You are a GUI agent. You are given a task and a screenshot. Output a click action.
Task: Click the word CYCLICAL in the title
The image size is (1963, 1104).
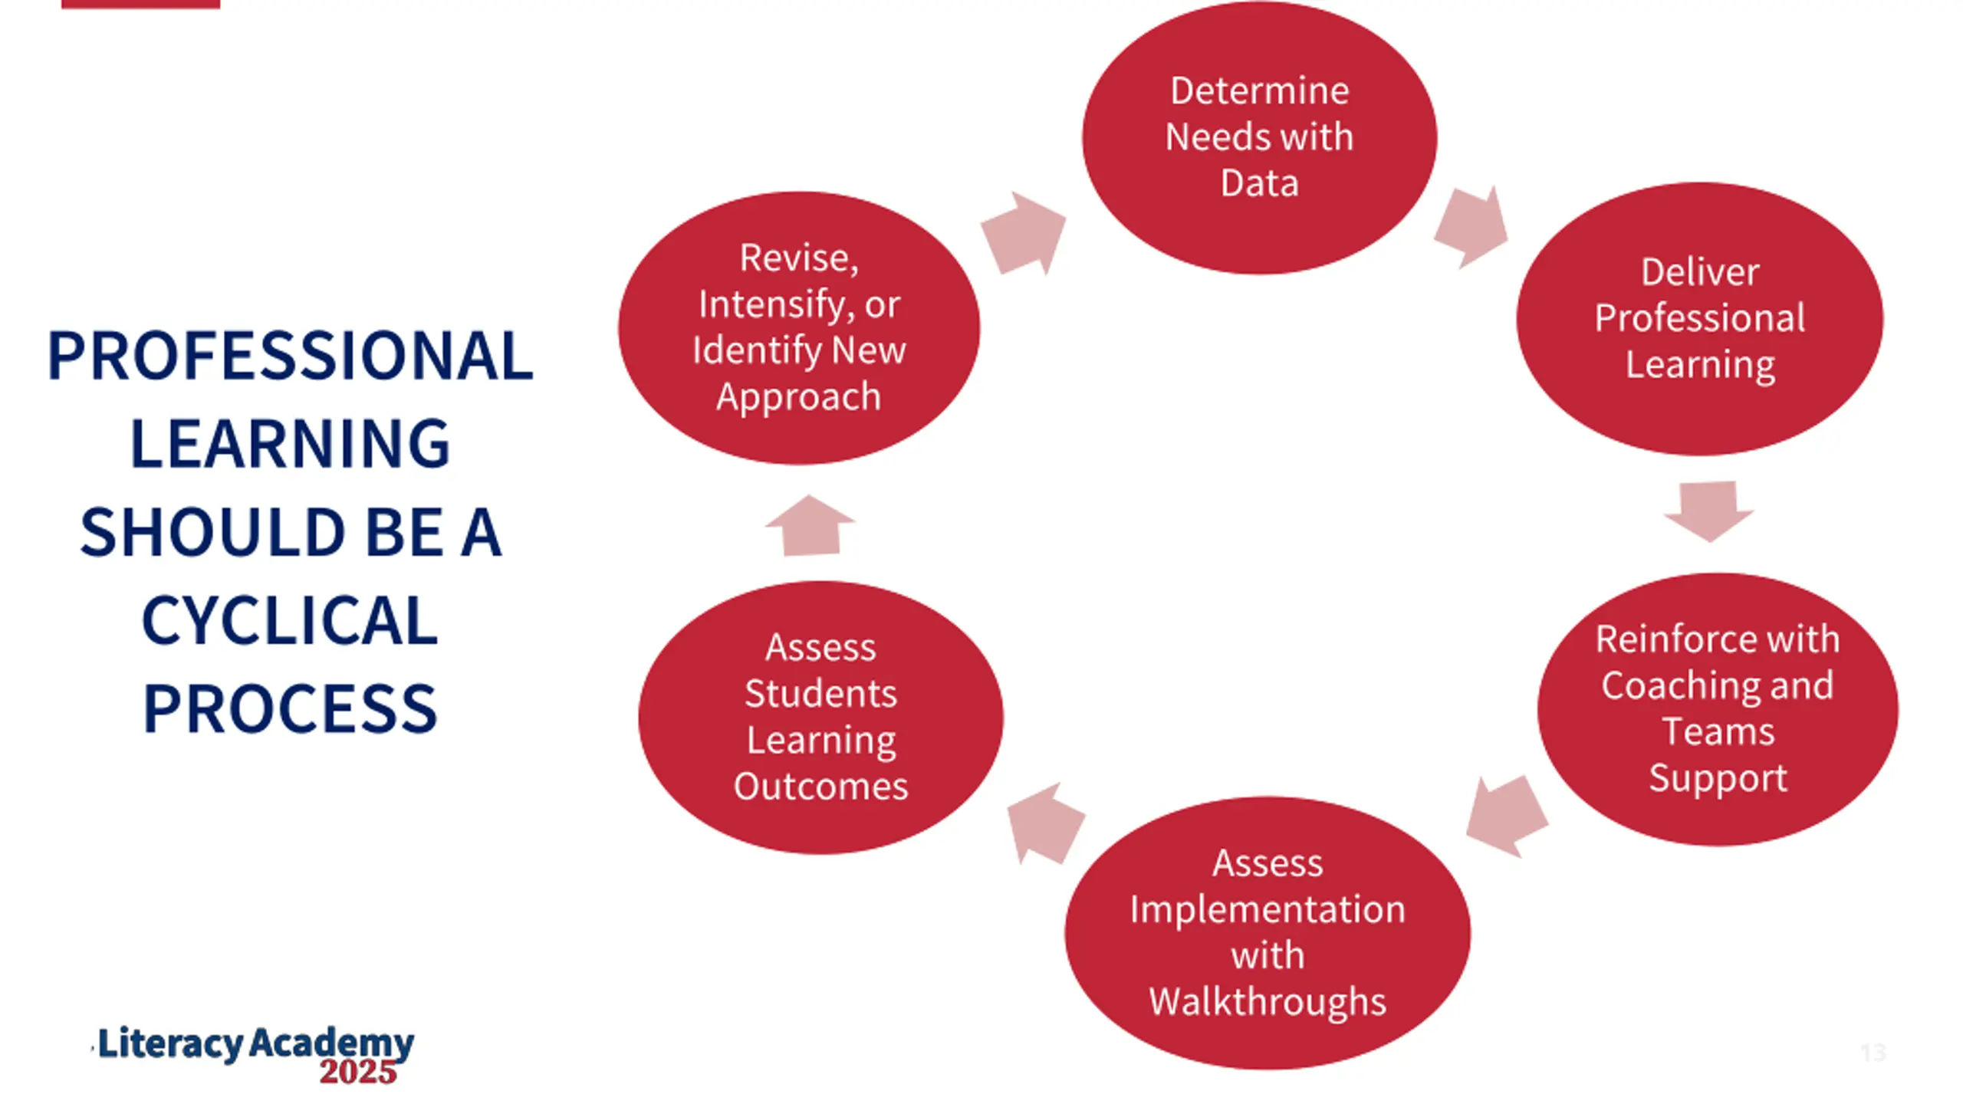pos(290,621)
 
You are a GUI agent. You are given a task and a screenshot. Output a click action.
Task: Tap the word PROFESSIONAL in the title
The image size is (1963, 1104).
pos(290,356)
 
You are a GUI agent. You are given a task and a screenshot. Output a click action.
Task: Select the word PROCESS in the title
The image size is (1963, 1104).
pos(290,709)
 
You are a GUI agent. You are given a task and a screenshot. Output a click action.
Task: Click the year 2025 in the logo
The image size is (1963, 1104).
pos(358,1072)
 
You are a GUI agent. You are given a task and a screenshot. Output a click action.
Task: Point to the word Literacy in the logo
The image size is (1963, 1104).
pos(170,1044)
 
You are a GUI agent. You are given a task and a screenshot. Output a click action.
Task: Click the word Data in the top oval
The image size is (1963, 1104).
pos(1259,183)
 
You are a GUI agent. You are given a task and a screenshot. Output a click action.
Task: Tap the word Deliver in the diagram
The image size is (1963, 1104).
pos(1700,272)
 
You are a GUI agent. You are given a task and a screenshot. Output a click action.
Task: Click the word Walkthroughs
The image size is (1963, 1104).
pos(1268,1001)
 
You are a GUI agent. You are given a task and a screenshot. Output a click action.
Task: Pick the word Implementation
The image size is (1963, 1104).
pos(1268,910)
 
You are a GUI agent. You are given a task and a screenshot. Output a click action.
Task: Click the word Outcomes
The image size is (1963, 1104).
pos(820,787)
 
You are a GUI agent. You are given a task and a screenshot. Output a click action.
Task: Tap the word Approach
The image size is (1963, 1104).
pos(798,397)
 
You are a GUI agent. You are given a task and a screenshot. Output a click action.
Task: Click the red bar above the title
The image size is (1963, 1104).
pos(140,4)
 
